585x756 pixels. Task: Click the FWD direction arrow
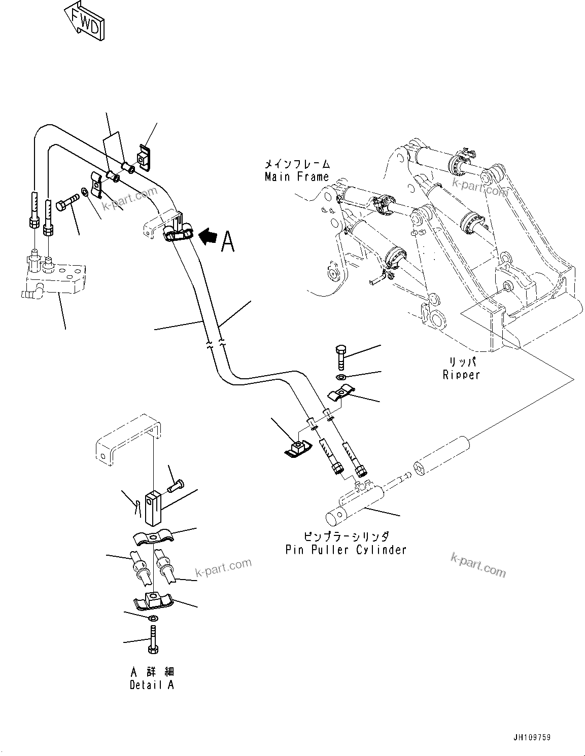85,21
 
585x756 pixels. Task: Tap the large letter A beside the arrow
228,241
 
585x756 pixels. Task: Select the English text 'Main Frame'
297,177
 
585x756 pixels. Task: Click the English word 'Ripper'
461,375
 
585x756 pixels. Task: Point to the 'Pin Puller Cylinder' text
346,550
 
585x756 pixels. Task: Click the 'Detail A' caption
152,685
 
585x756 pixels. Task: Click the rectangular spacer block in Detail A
153,508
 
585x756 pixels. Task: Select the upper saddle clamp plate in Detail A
153,537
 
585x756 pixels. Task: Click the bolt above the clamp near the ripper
341,358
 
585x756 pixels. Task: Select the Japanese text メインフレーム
297,164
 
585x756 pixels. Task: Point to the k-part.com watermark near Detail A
223,567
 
